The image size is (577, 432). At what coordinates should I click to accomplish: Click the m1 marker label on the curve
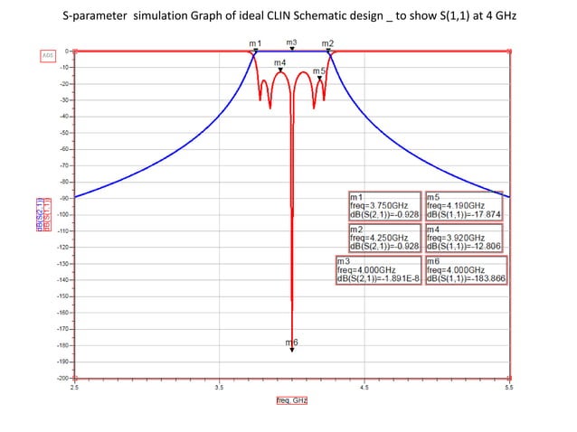point(255,43)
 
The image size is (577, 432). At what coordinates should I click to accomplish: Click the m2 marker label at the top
point(327,43)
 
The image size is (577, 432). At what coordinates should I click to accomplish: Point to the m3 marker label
point(291,42)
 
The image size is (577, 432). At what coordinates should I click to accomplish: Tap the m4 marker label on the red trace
point(280,62)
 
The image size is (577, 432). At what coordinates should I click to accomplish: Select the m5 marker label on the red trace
point(318,70)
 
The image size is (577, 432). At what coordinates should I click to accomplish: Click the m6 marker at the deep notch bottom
point(291,343)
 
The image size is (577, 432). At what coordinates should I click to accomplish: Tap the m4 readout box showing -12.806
point(462,239)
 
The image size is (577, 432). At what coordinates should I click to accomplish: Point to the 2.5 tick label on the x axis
point(74,387)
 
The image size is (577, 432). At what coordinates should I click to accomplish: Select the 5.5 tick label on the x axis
point(508,387)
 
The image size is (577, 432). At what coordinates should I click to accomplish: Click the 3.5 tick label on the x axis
point(219,387)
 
